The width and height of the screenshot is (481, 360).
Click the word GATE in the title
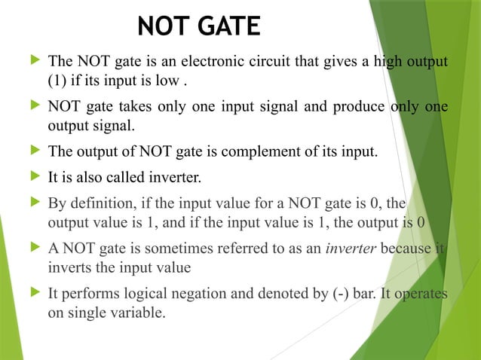click(x=226, y=26)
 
